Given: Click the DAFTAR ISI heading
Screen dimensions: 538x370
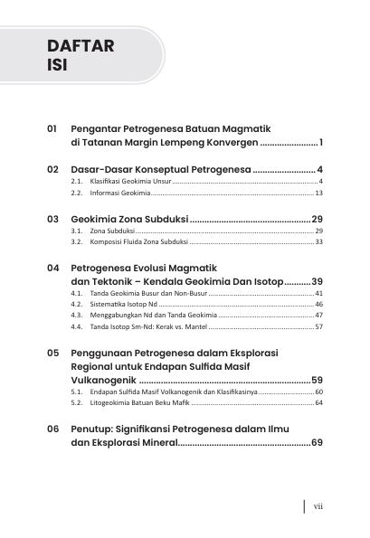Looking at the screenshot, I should point(81,56).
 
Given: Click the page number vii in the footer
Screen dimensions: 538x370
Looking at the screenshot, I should point(318,507).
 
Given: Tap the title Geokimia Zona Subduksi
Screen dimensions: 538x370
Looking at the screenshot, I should point(129,220).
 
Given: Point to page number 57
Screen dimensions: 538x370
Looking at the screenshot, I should point(318,326).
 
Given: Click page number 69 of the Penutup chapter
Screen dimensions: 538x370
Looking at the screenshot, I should point(317,444).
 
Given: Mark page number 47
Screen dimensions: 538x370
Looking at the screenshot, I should point(318,316).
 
